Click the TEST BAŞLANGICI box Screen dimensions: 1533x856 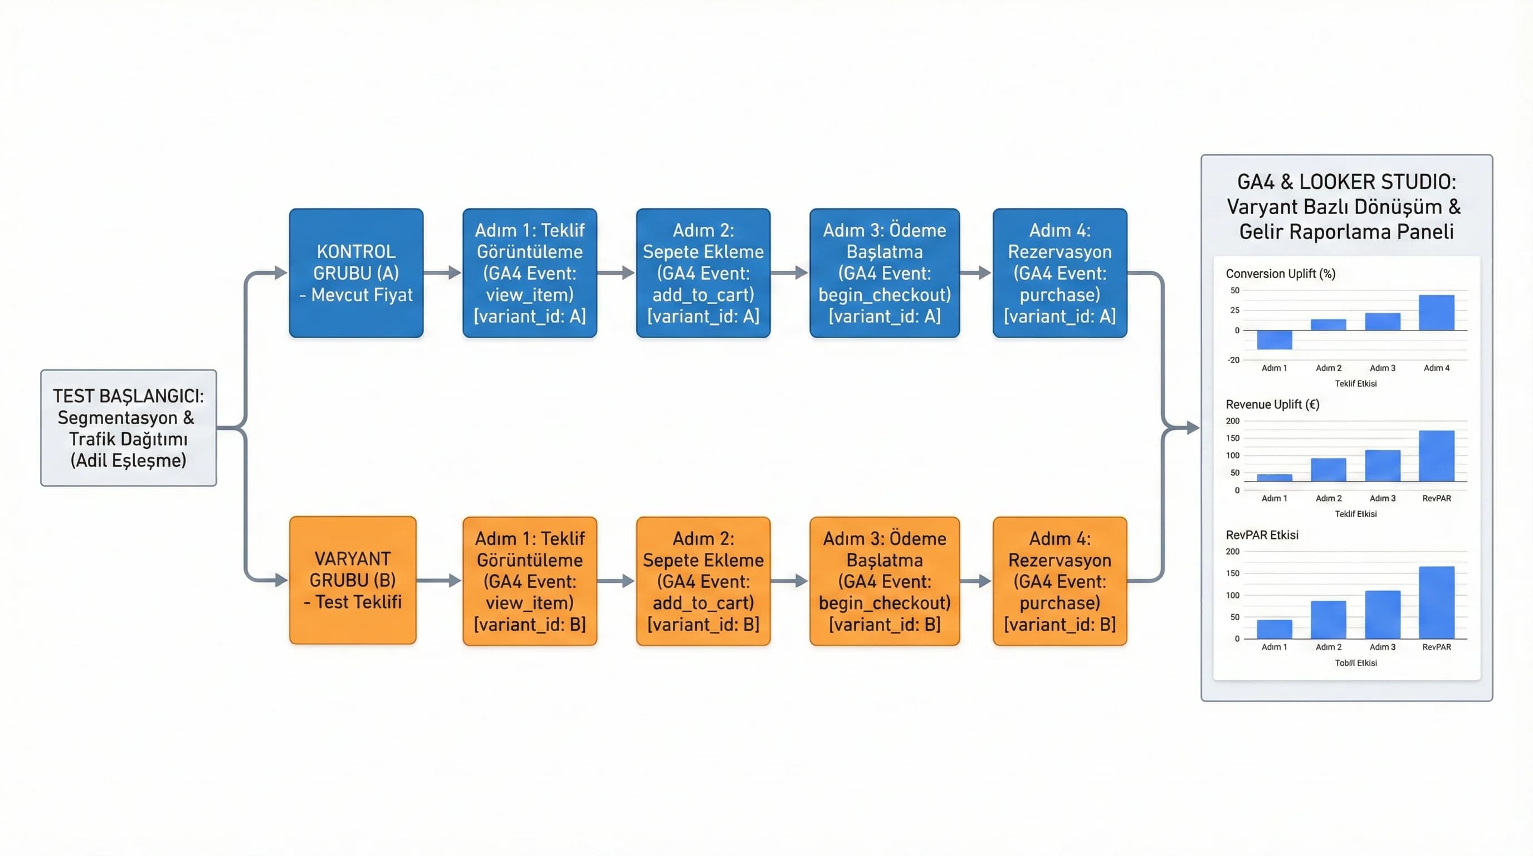point(129,427)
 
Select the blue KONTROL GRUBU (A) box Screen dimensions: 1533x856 point(356,273)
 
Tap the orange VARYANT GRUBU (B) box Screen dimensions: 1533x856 point(353,580)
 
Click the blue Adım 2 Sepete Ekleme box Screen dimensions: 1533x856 point(703,273)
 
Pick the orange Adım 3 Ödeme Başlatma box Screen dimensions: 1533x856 point(885,581)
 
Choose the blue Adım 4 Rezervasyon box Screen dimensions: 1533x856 point(1060,273)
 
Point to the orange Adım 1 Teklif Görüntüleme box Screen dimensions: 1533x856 point(530,581)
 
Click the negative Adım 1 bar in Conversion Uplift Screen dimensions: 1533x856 point(1274,339)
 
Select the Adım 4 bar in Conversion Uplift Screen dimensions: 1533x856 point(1436,313)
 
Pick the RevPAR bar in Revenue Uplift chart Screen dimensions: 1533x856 point(1436,456)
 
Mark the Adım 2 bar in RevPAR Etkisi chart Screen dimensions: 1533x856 point(1328,620)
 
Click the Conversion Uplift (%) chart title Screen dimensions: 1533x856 point(1281,274)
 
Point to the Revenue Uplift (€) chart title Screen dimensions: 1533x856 point(1272,405)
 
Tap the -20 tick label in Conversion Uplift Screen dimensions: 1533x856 point(1233,359)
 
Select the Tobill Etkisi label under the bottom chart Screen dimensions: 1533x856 point(1356,663)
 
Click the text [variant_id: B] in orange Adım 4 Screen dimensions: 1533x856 point(1060,624)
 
